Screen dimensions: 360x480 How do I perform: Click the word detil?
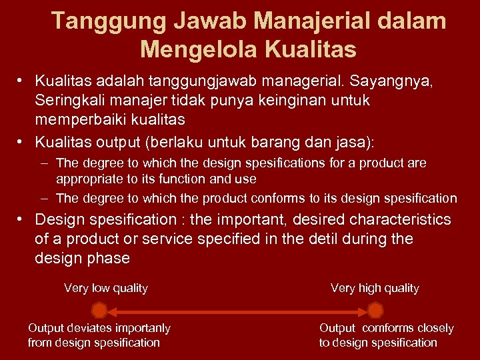[324, 239]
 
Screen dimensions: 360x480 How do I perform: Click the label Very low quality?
[106, 288]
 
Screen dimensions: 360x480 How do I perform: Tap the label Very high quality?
[375, 288]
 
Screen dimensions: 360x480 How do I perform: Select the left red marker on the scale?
[99, 310]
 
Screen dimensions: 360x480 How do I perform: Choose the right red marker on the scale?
[375, 310]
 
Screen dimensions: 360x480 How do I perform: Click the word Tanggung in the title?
[109, 21]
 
